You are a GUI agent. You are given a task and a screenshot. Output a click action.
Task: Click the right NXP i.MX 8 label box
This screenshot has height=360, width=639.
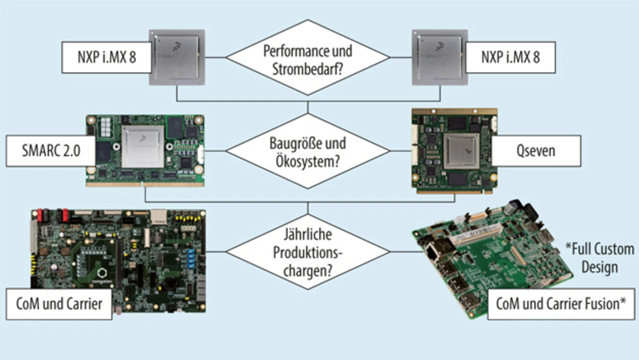tap(510, 57)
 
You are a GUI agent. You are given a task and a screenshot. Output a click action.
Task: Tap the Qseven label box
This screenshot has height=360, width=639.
tap(536, 150)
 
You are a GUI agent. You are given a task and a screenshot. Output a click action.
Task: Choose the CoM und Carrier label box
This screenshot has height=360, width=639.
tap(59, 304)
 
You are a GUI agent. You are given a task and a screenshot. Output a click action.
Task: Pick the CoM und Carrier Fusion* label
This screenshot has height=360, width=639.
tap(561, 304)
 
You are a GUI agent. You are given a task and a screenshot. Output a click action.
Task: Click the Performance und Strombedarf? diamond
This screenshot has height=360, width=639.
tap(308, 57)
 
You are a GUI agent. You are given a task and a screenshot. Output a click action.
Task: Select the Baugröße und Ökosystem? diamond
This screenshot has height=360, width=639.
tap(308, 151)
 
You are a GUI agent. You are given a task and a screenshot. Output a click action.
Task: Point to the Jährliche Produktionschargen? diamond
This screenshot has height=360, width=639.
tap(308, 252)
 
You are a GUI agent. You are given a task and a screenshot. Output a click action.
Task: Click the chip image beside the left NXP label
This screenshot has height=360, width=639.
tap(177, 57)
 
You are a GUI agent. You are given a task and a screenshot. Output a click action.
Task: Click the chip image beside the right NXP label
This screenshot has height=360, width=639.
tap(439, 57)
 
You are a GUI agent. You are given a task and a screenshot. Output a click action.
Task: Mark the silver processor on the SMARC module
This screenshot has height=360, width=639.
tap(143, 146)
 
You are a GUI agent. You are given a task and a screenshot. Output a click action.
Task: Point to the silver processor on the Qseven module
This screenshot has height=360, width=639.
tap(462, 151)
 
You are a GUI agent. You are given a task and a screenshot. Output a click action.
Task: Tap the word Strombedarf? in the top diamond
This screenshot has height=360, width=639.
tap(308, 69)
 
